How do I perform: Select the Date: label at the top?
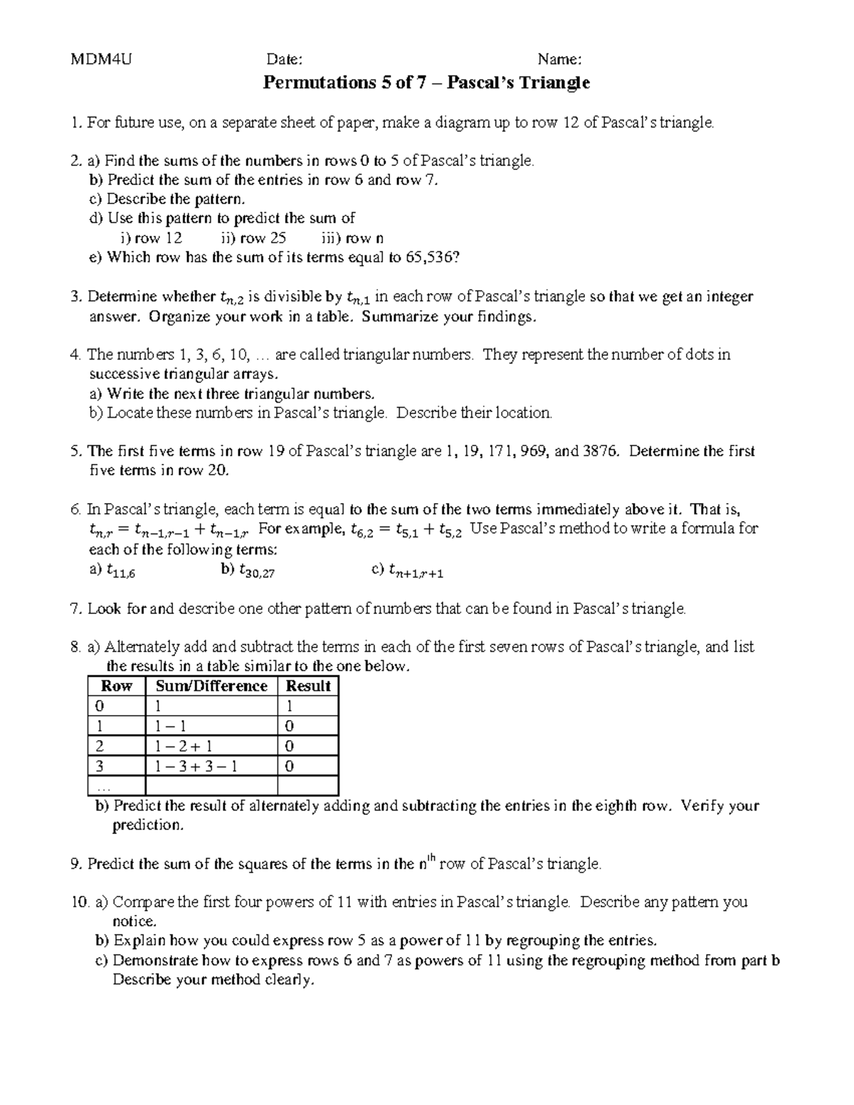click(284, 58)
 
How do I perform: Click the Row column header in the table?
click(117, 686)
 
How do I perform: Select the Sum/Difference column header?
click(211, 686)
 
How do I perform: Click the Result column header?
click(307, 686)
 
